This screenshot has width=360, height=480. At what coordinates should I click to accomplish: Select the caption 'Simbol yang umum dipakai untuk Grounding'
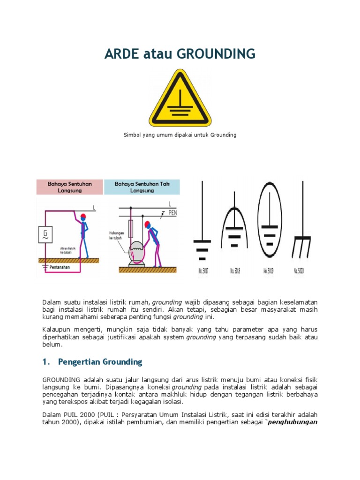click(x=180, y=135)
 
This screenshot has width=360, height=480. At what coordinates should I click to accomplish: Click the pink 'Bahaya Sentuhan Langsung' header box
click(x=70, y=187)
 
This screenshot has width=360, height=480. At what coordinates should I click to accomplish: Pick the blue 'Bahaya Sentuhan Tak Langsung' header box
click(x=142, y=187)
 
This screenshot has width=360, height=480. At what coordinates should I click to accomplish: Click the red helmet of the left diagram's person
click(x=83, y=217)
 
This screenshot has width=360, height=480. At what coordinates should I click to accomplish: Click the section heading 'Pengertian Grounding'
click(x=100, y=362)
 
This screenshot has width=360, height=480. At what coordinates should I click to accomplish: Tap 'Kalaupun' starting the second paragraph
click(x=56, y=330)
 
